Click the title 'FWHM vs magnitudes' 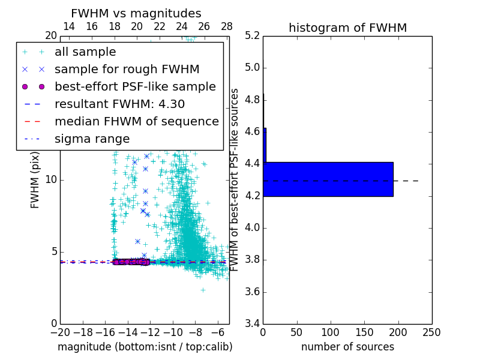point(136,14)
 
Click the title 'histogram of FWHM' point(347,28)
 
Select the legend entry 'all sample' point(85,52)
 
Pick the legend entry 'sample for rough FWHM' point(127,69)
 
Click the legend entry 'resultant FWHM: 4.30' point(119,104)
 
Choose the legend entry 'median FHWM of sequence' point(136,121)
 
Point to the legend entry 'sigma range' point(92,139)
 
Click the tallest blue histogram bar point(328,179)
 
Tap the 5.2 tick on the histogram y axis point(252,35)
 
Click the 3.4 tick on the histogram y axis point(252,324)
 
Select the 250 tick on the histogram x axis point(432,332)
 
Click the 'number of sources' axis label point(347,347)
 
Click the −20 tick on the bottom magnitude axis point(60,332)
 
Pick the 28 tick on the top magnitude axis point(227,26)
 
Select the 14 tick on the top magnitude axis point(69,26)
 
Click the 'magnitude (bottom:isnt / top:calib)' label point(145,347)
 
